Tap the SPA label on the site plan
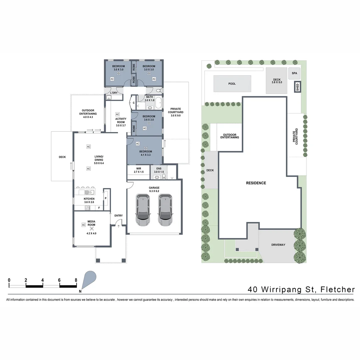(x=294, y=73)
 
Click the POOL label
(x=232, y=84)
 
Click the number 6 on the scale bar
(x=59, y=280)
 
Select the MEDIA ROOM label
(x=91, y=223)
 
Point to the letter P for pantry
(x=105, y=198)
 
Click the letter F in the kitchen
(x=99, y=208)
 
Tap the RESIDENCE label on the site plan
(x=256, y=183)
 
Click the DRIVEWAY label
(x=278, y=245)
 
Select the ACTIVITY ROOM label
(x=121, y=120)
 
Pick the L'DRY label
(x=114, y=93)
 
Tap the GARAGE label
(x=154, y=188)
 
